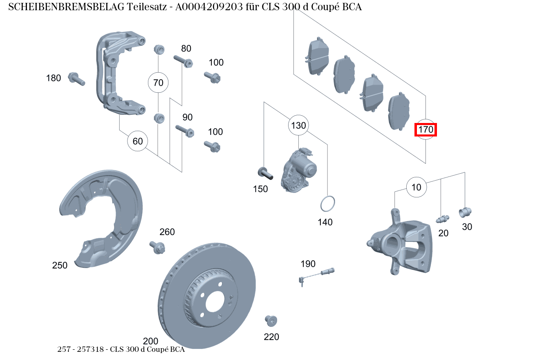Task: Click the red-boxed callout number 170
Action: click(x=426, y=130)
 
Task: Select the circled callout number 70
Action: click(x=158, y=83)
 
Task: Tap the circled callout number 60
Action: click(x=138, y=141)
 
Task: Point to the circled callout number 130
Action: click(x=298, y=125)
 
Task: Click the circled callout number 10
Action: click(x=416, y=188)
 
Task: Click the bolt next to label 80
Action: click(x=183, y=61)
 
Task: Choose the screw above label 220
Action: click(x=271, y=320)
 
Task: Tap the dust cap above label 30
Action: click(x=465, y=212)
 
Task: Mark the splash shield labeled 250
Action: click(x=102, y=217)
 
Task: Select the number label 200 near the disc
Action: click(x=150, y=341)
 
